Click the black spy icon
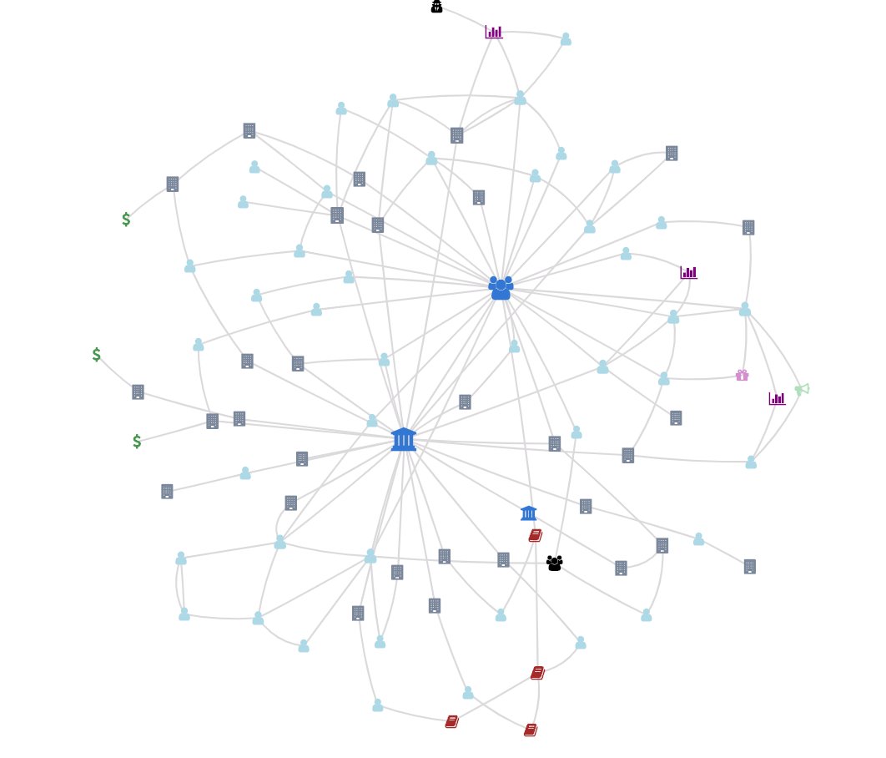pyautogui.click(x=436, y=7)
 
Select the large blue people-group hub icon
pyautogui.click(x=501, y=288)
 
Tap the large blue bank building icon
pyautogui.click(x=404, y=439)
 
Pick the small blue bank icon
pyautogui.click(x=528, y=513)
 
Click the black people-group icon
pyautogui.click(x=554, y=563)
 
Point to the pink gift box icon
pyautogui.click(x=742, y=376)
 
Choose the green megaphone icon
pyautogui.click(x=802, y=389)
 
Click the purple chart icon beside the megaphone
pyautogui.click(x=777, y=399)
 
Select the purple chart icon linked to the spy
pyautogui.click(x=494, y=33)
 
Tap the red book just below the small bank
pyautogui.click(x=536, y=535)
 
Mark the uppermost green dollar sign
pyautogui.click(x=126, y=220)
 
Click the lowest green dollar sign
pyautogui.click(x=137, y=442)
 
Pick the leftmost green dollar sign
pyautogui.click(x=97, y=355)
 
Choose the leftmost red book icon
pyautogui.click(x=451, y=721)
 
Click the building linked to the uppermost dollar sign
pyautogui.click(x=173, y=184)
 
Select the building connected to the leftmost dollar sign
pyautogui.click(x=138, y=392)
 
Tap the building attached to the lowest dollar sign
pyautogui.click(x=213, y=421)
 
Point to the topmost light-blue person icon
pyautogui.click(x=566, y=39)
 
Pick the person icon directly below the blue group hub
pyautogui.click(x=514, y=346)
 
